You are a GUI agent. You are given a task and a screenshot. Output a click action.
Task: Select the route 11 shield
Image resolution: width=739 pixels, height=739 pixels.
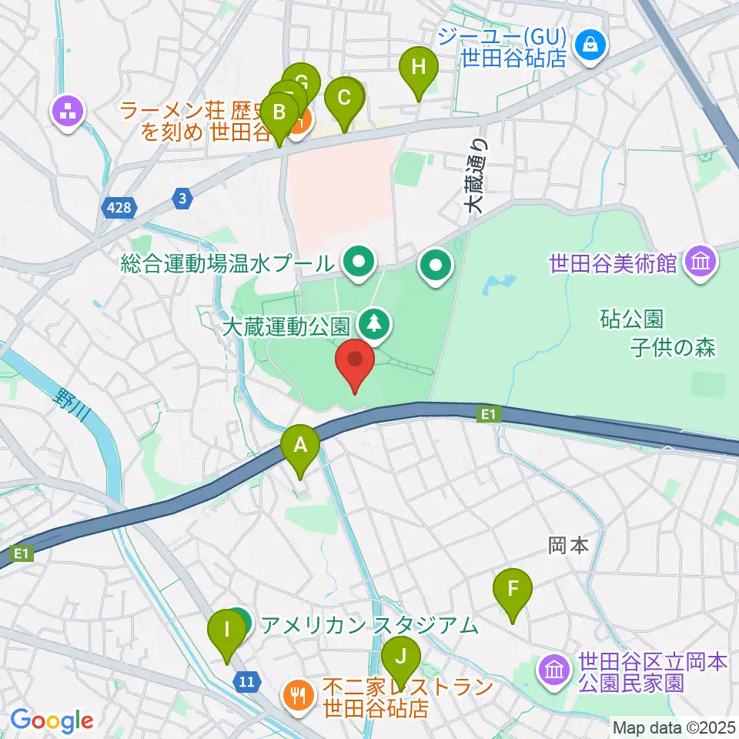[247, 680]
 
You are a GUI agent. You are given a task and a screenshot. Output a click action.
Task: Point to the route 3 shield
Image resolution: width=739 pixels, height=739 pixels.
[182, 199]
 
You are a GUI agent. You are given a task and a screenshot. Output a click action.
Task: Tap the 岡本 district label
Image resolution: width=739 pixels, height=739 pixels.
[568, 546]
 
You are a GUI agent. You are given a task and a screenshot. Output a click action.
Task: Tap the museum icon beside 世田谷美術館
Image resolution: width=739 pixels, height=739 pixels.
[701, 262]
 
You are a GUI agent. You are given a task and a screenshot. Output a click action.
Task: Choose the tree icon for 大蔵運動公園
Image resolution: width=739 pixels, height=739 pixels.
[375, 323]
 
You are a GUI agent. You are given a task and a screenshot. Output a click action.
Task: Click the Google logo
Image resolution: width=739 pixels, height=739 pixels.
[52, 721]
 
